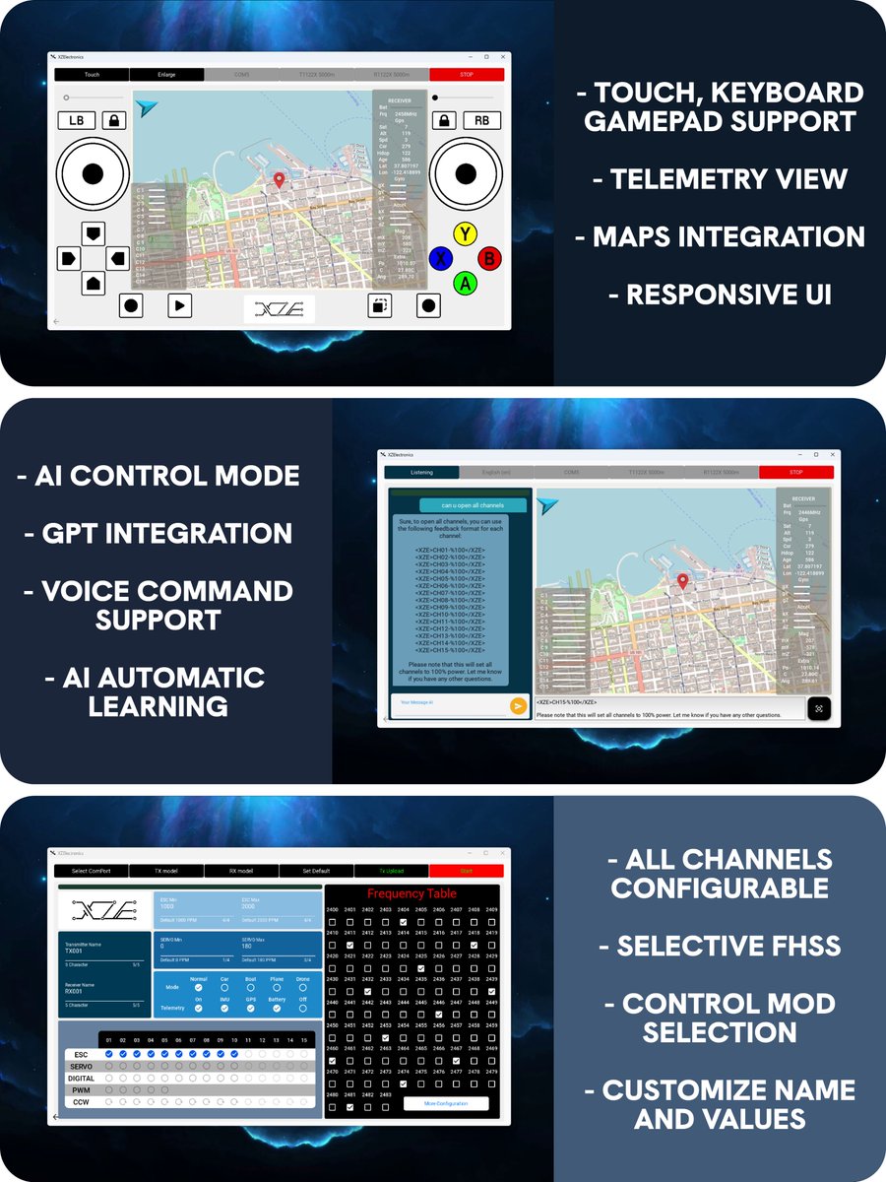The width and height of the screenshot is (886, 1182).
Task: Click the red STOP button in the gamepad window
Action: pyautogui.click(x=467, y=74)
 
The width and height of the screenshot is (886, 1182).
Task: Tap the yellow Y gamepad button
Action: pyautogui.click(x=464, y=233)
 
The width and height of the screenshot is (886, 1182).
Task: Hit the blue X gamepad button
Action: pyautogui.click(x=441, y=258)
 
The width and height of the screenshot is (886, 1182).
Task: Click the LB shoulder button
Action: pyautogui.click(x=77, y=120)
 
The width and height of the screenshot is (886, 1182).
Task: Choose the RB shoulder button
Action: pyautogui.click(x=481, y=120)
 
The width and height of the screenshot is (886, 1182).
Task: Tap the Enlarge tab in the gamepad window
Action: pyautogui.click(x=166, y=74)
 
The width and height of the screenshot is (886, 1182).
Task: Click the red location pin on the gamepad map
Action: pyautogui.click(x=279, y=180)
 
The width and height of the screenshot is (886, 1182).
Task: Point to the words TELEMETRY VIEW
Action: pyautogui.click(x=728, y=178)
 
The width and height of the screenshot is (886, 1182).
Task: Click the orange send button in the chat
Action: pyautogui.click(x=518, y=705)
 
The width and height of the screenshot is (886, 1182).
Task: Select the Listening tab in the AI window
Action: pyautogui.click(x=421, y=472)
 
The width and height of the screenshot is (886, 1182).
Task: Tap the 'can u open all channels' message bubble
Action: pyautogui.click(x=460, y=505)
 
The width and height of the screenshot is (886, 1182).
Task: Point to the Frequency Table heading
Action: pyautogui.click(x=411, y=893)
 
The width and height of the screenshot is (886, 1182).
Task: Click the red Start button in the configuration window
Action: pyautogui.click(x=466, y=871)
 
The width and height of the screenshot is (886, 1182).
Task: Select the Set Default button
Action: pyautogui.click(x=316, y=871)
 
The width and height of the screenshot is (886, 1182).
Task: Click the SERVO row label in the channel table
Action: pyautogui.click(x=81, y=1067)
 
